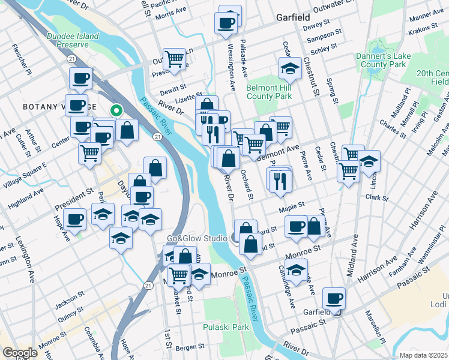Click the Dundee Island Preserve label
tap(72, 40)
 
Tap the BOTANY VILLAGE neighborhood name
tap(59, 107)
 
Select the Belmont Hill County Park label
tap(269, 91)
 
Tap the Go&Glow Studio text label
tap(197, 239)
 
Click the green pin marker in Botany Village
tap(116, 110)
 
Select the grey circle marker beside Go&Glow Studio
tap(234, 238)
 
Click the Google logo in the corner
tap(19, 353)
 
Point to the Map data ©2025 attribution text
tap(423, 355)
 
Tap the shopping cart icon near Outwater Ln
tap(174, 59)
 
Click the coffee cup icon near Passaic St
tap(334, 298)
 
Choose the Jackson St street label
tap(67, 301)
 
